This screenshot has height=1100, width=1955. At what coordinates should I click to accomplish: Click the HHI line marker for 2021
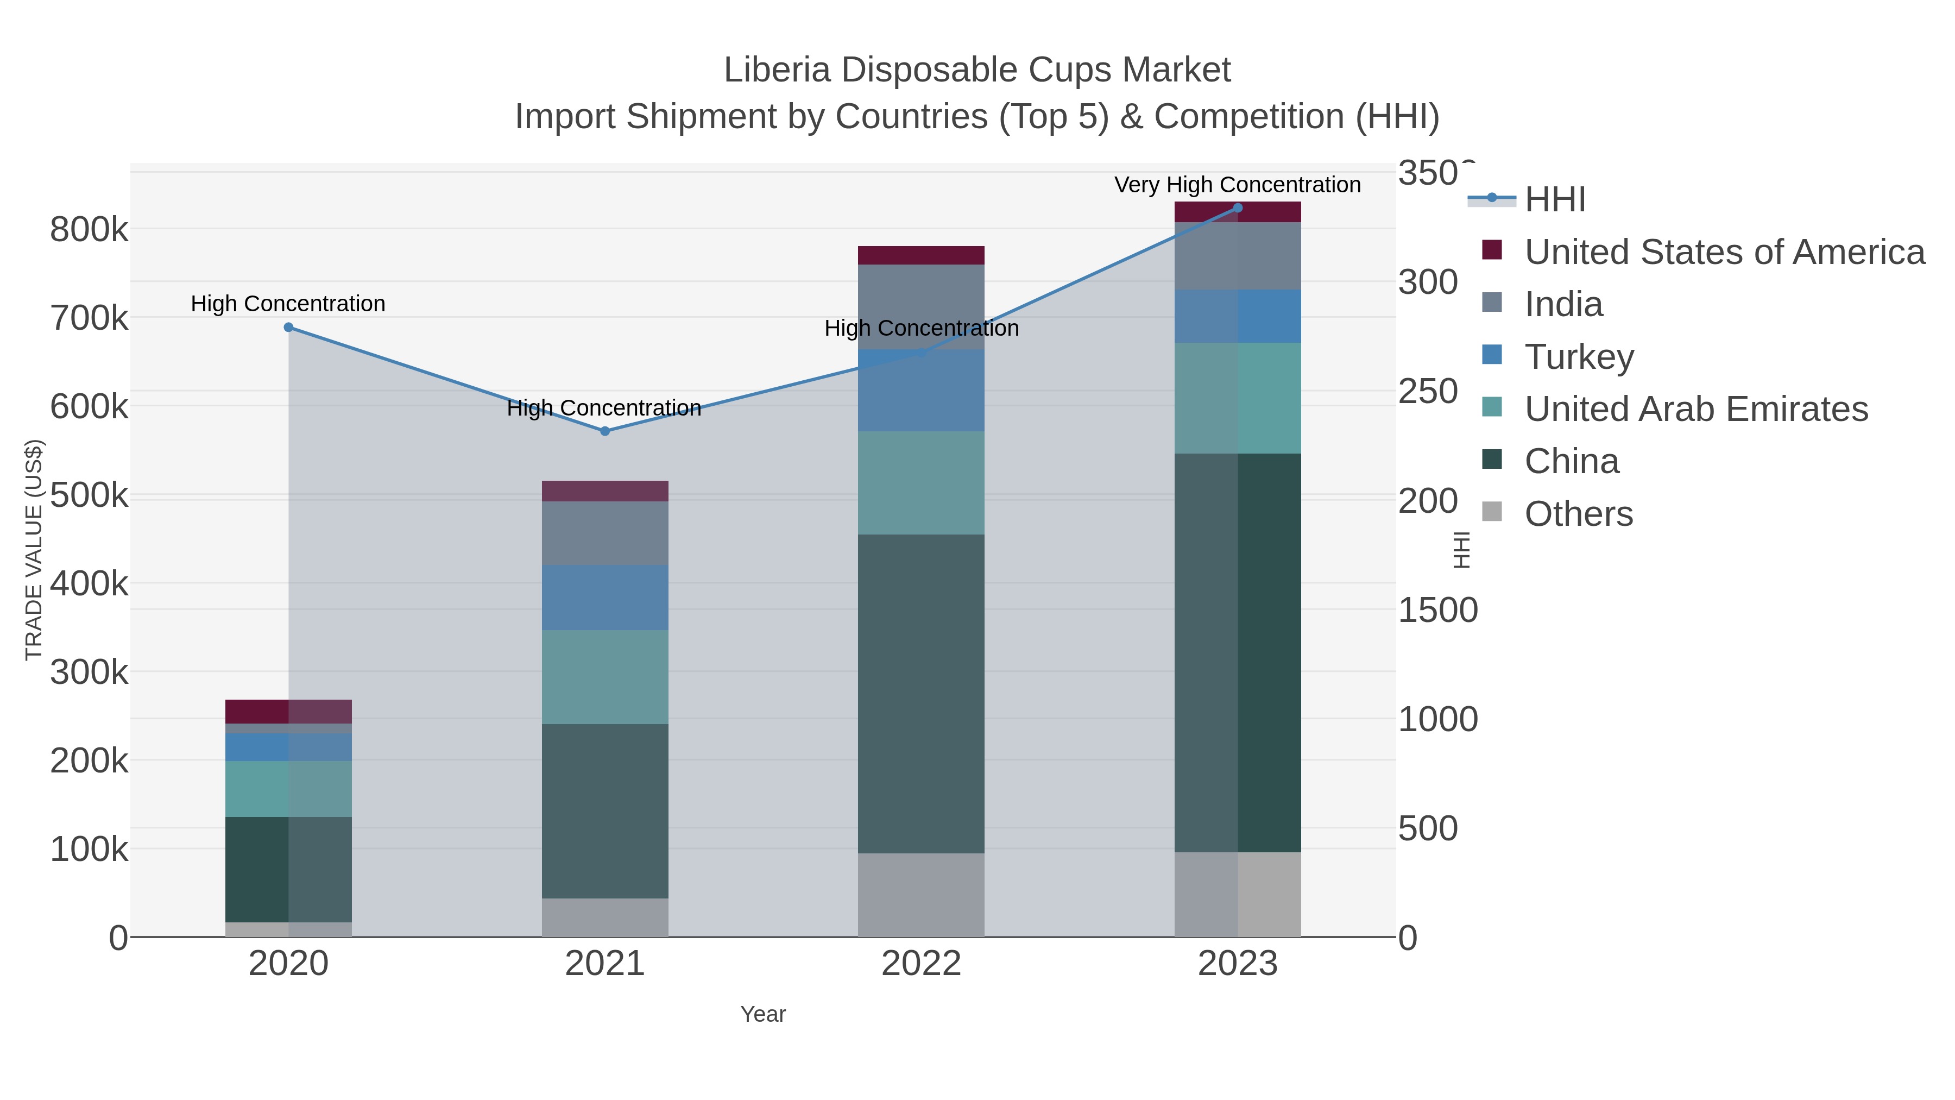pyautogui.click(x=605, y=431)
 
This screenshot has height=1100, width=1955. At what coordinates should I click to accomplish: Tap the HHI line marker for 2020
pyautogui.click(x=288, y=327)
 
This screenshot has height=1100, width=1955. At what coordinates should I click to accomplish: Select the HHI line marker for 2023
pyautogui.click(x=1238, y=208)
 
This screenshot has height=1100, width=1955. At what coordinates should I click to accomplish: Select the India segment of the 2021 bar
pyautogui.click(x=605, y=533)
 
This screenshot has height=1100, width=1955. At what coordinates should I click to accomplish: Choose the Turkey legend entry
pyautogui.click(x=1579, y=356)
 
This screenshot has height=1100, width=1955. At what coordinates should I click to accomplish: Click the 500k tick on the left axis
pyautogui.click(x=89, y=495)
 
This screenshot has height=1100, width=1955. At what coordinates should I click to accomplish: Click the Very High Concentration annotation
pyautogui.click(x=1237, y=185)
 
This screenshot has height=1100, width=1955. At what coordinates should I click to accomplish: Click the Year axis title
pyautogui.click(x=763, y=1014)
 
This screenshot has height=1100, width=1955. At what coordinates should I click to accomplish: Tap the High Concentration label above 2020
pyautogui.click(x=288, y=304)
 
